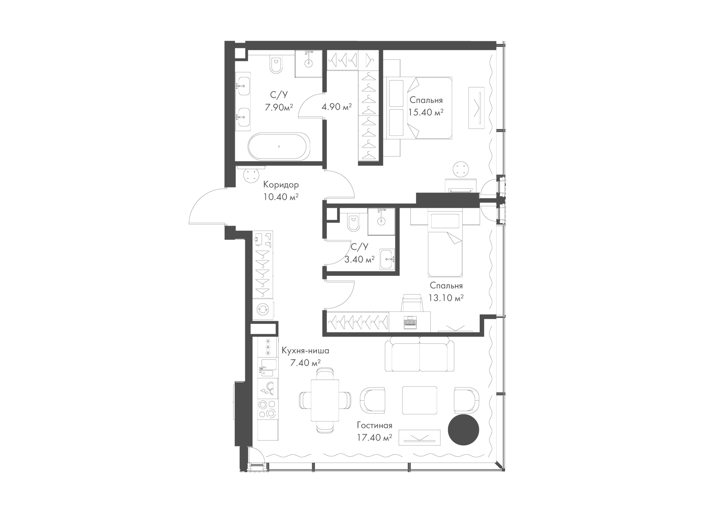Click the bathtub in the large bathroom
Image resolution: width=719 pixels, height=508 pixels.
(x=279, y=146)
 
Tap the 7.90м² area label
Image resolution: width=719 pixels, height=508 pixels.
(x=279, y=107)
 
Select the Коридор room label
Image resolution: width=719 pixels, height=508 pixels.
(x=281, y=185)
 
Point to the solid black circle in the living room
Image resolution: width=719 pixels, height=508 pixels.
(x=464, y=430)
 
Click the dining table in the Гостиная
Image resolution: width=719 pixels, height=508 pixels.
(x=325, y=401)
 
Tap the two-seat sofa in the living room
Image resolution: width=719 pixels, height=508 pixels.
(x=420, y=353)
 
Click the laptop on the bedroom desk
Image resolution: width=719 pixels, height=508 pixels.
(x=410, y=322)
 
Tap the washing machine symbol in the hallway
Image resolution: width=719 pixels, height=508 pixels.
(x=263, y=309)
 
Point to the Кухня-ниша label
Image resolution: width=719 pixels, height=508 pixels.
(x=306, y=351)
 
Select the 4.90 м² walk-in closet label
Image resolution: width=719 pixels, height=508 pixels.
(x=337, y=107)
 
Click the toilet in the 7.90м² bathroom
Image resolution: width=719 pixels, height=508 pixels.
(x=276, y=66)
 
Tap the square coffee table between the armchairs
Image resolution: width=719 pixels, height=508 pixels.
(x=419, y=400)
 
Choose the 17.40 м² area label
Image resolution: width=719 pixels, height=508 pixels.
(x=374, y=437)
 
